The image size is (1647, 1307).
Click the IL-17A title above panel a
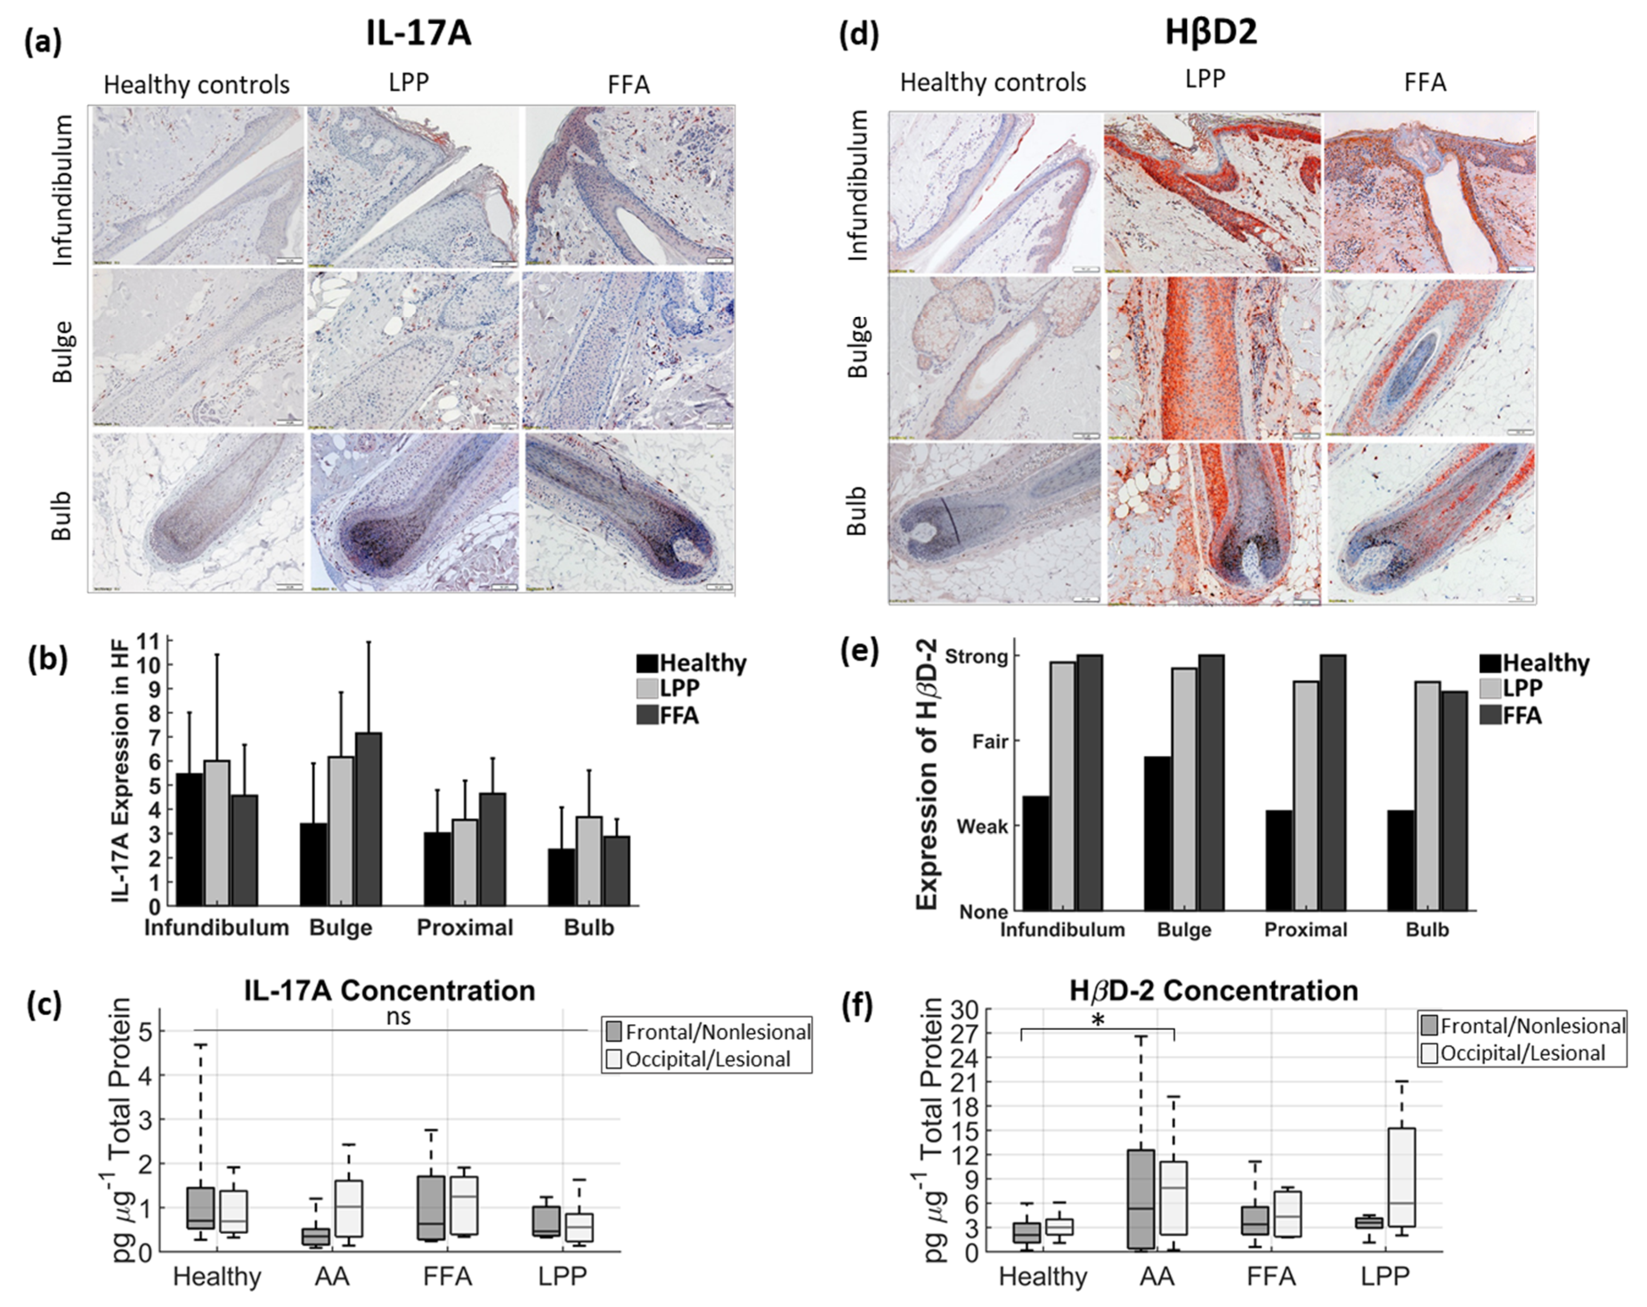(x=419, y=34)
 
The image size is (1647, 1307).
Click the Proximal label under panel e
(x=1305, y=930)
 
